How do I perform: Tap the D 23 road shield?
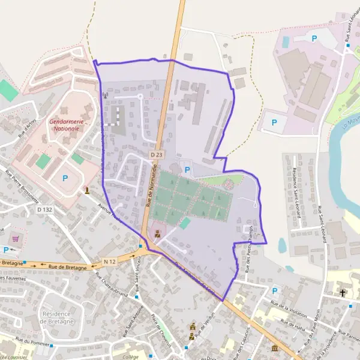[x=157, y=155]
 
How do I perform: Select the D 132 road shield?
[x=44, y=209]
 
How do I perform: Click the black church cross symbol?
[x=343, y=293]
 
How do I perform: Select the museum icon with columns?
[x=275, y=349]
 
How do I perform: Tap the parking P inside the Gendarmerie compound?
[x=65, y=178]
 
